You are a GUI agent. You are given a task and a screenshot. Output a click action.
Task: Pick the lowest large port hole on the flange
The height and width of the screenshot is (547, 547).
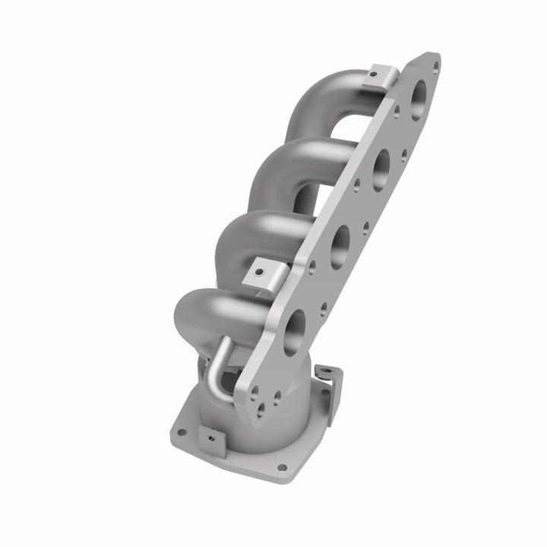point(294,331)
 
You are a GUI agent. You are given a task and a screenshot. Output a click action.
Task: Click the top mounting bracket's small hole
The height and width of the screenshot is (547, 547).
point(375,74)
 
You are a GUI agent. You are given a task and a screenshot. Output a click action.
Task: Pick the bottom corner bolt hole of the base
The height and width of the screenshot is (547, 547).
point(282,467)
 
